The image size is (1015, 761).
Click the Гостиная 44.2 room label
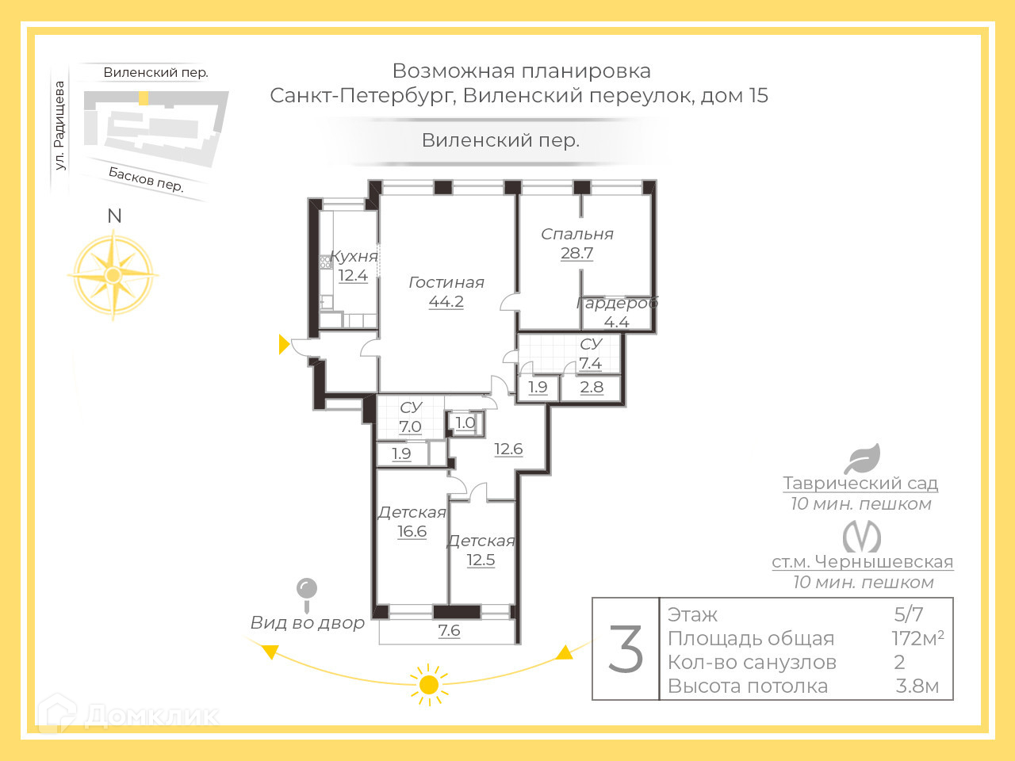[446, 292]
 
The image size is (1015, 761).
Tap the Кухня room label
[354, 266]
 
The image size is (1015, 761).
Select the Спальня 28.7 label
[576, 243]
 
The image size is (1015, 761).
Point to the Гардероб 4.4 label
[617, 312]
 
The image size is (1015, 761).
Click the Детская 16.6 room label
[412, 522]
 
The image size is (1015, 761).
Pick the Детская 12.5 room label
[481, 550]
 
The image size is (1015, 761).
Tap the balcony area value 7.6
[449, 631]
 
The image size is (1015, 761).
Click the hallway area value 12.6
[508, 449]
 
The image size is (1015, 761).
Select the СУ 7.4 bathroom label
[591, 354]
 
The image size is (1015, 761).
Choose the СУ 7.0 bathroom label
[411, 417]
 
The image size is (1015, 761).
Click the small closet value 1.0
[465, 423]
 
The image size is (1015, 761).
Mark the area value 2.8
[592, 387]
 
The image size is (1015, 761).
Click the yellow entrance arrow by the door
[284, 344]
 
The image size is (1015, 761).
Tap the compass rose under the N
[113, 275]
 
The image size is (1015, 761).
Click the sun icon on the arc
[429, 684]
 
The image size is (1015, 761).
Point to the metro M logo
[862, 537]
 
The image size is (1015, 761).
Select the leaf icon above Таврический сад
[862, 458]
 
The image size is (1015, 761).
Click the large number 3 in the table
[626, 649]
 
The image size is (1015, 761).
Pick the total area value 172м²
[917, 638]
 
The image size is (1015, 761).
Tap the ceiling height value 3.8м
[917, 686]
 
